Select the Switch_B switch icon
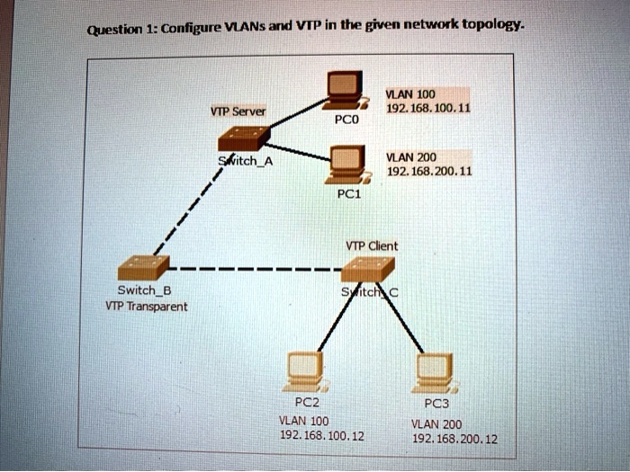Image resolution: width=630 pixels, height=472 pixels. (x=144, y=268)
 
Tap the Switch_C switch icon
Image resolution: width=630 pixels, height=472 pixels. (x=368, y=269)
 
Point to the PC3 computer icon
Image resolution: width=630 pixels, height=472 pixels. (x=435, y=370)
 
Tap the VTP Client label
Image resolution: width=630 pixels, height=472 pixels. (x=372, y=245)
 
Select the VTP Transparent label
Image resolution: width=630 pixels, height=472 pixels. (x=146, y=307)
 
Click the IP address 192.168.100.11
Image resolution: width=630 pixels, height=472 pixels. (x=427, y=108)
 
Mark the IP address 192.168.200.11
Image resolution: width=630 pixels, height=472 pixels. (x=427, y=171)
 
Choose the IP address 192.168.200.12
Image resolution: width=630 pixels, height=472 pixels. (x=454, y=439)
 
